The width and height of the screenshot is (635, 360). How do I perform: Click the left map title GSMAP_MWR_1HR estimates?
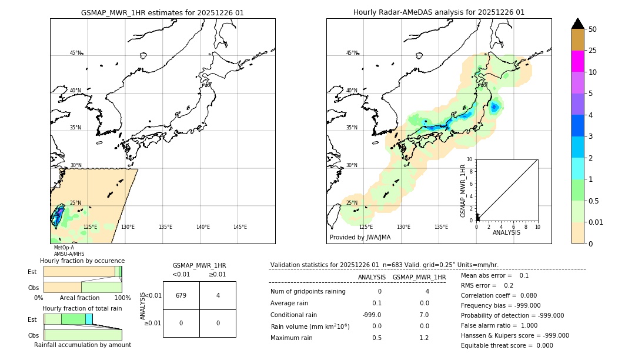coord(162,12)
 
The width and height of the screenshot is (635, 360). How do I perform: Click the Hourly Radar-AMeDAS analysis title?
coord(439,12)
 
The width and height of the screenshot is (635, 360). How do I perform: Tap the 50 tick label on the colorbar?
coord(593,29)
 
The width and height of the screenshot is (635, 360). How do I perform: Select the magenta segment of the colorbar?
coord(578,61)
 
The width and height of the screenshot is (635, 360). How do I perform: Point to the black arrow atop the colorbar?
coord(578,24)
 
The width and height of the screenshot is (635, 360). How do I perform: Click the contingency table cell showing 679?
coord(181,295)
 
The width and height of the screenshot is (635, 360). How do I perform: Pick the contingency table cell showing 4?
coord(218,295)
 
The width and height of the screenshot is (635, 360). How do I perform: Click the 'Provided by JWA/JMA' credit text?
coord(360,238)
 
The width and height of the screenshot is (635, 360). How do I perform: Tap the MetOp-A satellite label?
coord(64,248)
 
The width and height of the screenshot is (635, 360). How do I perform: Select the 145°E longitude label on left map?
coord(240,227)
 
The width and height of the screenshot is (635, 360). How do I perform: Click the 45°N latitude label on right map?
coord(352,53)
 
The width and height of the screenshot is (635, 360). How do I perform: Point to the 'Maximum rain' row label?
coord(293,338)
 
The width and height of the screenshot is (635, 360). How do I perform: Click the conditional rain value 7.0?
coord(423,314)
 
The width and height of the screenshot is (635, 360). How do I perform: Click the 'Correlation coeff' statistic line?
coord(499,295)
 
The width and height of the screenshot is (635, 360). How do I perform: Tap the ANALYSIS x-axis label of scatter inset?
coord(506,233)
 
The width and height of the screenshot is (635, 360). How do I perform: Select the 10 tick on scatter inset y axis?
coord(470,159)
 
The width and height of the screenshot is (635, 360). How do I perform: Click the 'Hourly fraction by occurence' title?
coord(82,261)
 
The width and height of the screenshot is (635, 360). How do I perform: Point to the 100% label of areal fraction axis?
coord(122,298)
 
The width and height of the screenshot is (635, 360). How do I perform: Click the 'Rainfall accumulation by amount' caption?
coord(82,345)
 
